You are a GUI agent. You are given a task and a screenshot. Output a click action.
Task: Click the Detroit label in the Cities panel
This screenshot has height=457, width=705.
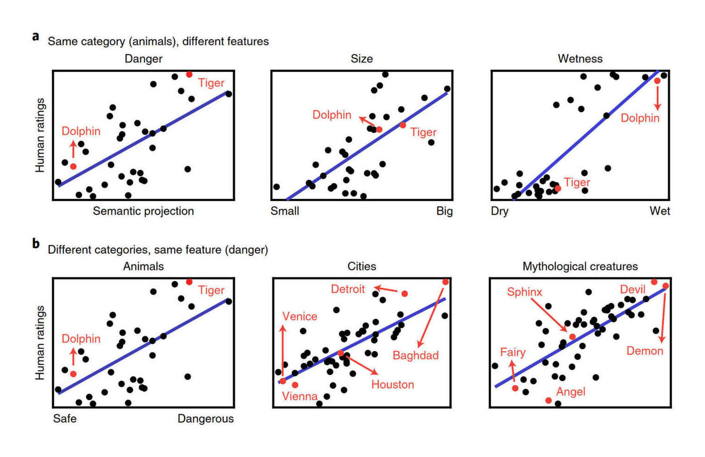(x=347, y=289)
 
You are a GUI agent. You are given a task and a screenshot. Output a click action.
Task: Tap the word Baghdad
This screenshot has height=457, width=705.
(x=415, y=355)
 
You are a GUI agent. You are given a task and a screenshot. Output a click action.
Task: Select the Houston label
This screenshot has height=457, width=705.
(x=392, y=384)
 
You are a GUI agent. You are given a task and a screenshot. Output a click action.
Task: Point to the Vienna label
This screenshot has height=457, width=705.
(x=299, y=396)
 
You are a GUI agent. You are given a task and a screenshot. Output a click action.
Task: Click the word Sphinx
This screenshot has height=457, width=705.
(x=524, y=292)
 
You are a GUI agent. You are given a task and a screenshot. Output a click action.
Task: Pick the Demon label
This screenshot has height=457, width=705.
(x=644, y=351)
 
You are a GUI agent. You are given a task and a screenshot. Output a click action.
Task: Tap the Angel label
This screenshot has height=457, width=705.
(x=570, y=392)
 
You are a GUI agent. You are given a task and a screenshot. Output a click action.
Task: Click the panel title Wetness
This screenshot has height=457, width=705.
(x=580, y=59)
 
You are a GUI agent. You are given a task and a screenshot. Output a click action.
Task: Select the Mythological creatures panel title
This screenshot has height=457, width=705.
(x=580, y=267)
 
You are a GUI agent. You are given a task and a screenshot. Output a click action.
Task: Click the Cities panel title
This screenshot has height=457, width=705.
(x=361, y=267)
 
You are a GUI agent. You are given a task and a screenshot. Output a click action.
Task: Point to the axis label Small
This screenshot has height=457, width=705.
(x=285, y=211)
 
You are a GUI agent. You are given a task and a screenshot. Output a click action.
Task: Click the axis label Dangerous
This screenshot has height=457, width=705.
(x=206, y=419)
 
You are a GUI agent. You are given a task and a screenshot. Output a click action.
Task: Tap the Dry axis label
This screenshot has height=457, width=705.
(x=499, y=211)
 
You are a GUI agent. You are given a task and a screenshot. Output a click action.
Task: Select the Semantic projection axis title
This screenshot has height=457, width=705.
(x=143, y=211)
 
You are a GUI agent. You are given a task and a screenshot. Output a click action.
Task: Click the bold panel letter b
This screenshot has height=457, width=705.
(x=36, y=243)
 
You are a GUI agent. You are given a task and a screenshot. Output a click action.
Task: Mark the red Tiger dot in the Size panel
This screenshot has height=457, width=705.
(x=403, y=125)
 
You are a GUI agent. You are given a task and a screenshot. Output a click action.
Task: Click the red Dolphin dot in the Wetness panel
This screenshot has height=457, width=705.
(x=657, y=81)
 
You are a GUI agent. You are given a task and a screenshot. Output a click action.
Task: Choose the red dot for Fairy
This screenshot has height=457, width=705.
(x=515, y=388)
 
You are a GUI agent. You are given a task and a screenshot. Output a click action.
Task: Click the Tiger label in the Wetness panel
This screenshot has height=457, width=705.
(x=577, y=183)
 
